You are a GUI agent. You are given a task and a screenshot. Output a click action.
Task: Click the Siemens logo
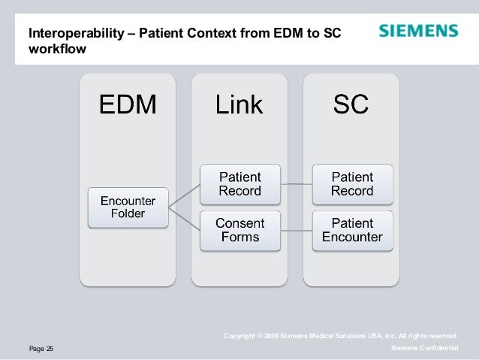417,32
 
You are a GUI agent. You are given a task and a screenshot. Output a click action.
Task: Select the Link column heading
239,104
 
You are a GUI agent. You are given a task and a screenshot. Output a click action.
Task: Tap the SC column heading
351,104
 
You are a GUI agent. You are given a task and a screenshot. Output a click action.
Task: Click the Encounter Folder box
128,207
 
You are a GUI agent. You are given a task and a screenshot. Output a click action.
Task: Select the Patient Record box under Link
239,183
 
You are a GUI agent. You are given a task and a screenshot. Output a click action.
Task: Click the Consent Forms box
239,230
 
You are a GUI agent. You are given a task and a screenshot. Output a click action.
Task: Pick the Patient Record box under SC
351,183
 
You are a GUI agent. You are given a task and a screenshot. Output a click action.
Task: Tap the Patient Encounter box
351,230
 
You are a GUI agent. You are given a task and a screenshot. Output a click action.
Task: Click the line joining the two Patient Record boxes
296,183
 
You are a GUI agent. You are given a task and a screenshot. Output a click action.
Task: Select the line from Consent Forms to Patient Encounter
296,230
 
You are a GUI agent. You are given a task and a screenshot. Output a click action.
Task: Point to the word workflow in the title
57,50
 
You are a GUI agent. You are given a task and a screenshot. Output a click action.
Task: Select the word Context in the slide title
192,33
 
